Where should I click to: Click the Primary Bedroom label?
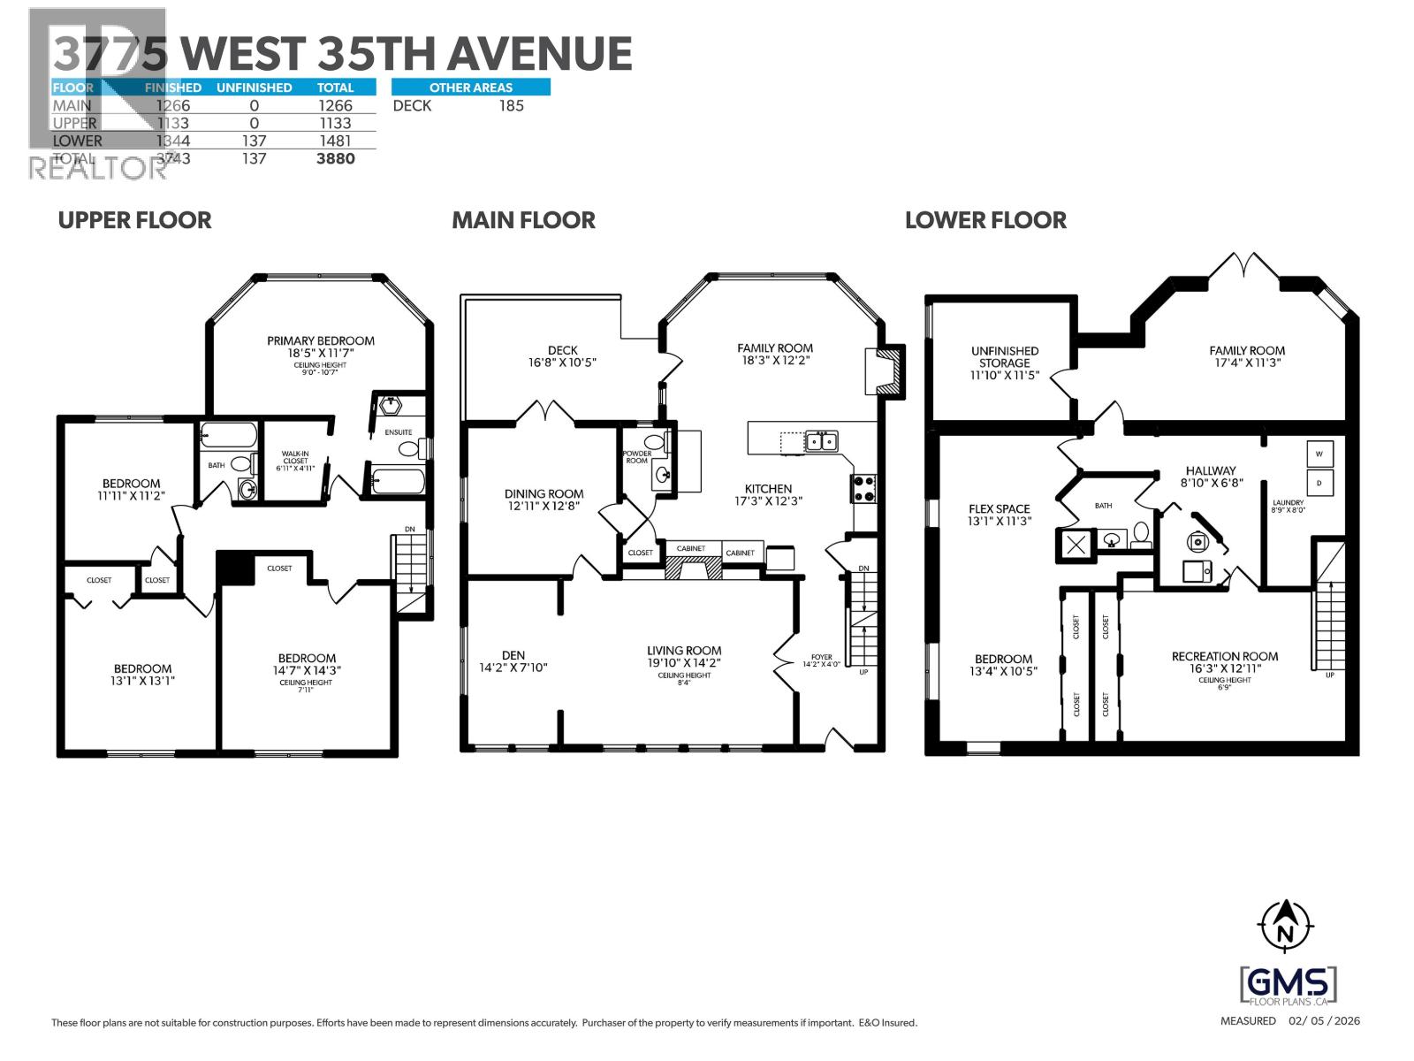321,340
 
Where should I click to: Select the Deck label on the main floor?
562,350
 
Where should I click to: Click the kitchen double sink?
821,440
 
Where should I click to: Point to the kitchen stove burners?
863,489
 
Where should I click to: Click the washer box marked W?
1319,454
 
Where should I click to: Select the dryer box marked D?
1319,483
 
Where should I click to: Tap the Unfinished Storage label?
1005,356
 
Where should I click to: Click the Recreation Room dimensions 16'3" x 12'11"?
1225,668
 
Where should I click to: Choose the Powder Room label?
637,457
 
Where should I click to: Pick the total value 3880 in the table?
335,158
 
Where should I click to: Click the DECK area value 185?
511,105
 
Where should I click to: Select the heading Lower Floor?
985,220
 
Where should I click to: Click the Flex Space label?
1000,508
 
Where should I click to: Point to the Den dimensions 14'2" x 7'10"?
513,668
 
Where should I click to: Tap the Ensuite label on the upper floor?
398,432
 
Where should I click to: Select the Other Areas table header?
470,88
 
